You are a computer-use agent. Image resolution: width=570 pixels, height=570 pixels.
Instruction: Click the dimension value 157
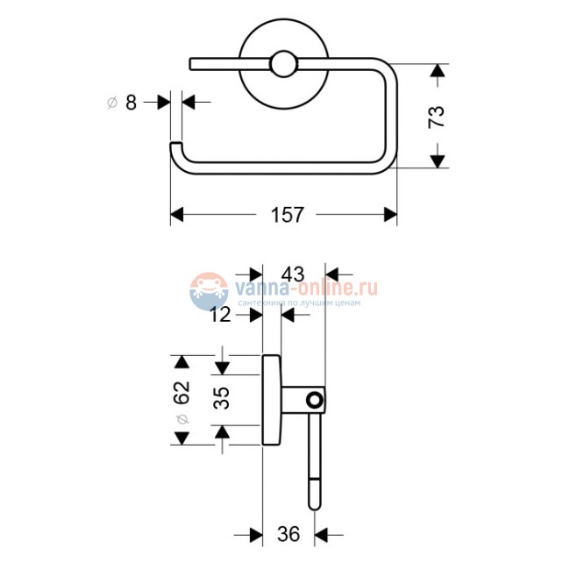click(x=285, y=215)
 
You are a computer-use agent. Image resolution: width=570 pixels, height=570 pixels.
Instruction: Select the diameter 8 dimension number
click(x=131, y=103)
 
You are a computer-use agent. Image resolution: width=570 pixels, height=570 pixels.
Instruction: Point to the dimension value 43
click(x=294, y=274)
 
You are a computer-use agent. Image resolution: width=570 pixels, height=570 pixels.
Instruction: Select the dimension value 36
click(x=289, y=533)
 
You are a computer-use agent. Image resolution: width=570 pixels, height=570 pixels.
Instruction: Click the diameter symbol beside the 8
click(x=111, y=103)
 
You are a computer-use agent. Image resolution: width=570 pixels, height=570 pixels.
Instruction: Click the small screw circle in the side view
click(x=312, y=401)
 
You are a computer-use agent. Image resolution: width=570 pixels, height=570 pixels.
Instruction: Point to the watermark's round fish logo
click(x=207, y=289)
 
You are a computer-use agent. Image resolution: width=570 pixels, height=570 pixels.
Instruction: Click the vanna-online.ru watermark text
click(x=303, y=286)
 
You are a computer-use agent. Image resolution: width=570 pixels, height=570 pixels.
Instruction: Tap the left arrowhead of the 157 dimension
click(x=175, y=215)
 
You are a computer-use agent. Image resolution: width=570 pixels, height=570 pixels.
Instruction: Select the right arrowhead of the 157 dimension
click(x=391, y=215)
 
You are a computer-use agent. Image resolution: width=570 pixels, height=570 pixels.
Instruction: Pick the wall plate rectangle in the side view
click(x=272, y=400)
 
